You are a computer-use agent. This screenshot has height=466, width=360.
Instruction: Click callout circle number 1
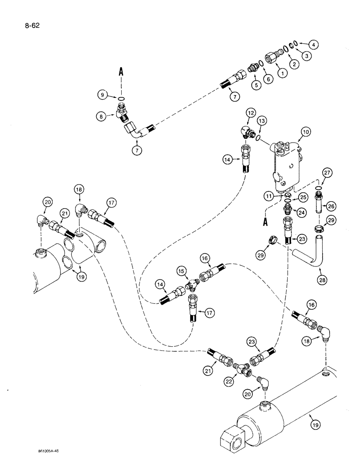[x=281, y=72]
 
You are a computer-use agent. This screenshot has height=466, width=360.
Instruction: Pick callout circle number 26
[x=331, y=206]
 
